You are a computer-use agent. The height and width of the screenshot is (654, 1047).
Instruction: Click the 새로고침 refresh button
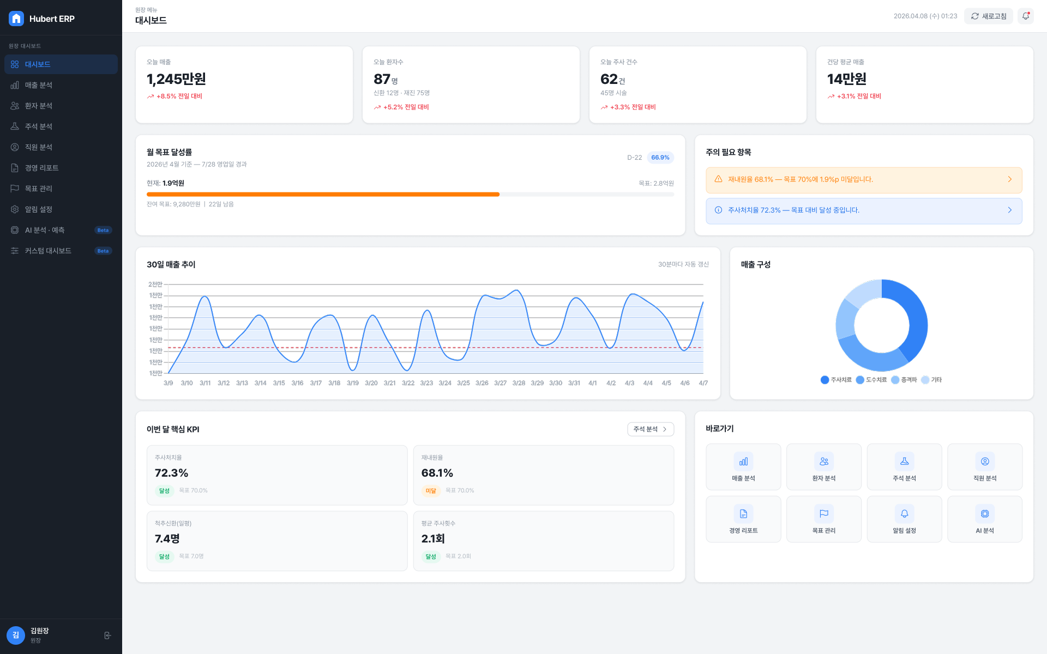(x=988, y=16)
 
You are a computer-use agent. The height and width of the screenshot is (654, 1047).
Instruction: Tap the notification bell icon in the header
(x=1026, y=16)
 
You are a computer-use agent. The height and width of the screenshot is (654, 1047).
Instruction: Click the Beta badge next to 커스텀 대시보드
(x=103, y=251)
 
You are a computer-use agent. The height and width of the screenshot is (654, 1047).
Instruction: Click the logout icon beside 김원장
(x=107, y=635)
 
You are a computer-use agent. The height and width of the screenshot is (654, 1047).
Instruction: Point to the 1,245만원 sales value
(x=176, y=79)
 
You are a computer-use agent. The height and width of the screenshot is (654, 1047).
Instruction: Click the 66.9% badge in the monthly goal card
(x=660, y=158)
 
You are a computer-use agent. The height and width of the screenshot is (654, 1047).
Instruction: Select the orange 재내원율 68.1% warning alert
(x=864, y=180)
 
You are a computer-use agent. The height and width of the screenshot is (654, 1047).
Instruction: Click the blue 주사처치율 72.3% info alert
(x=864, y=210)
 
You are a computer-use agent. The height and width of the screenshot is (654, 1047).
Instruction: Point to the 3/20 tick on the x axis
(x=371, y=383)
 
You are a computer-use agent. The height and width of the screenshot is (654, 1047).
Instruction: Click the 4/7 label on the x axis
(x=703, y=383)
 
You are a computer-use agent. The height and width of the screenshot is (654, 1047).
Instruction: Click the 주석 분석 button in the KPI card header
(x=651, y=429)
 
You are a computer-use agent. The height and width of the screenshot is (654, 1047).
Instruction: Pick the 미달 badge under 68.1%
(x=431, y=491)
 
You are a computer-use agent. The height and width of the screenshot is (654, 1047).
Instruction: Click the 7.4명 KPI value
(x=167, y=538)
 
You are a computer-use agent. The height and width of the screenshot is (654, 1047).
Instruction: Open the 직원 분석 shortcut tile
(x=985, y=467)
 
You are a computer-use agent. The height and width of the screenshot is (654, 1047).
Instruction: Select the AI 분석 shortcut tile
(x=985, y=519)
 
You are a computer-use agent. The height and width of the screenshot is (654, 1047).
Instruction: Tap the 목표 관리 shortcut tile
(x=824, y=519)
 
